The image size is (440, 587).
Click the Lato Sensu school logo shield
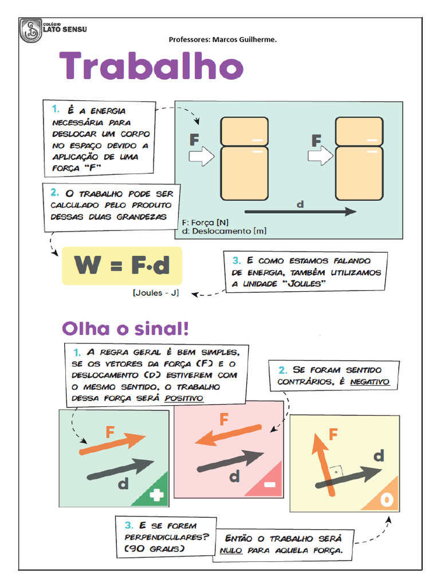point(30,30)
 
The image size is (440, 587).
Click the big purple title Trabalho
point(152,67)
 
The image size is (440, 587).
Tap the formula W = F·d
point(122,266)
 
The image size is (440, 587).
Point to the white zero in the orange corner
point(387,500)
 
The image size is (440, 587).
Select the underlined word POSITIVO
point(184,398)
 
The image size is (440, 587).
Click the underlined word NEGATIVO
point(370,382)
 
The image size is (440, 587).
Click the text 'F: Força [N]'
point(205,222)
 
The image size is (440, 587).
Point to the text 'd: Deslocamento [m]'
point(224,231)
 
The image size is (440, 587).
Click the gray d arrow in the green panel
point(120,468)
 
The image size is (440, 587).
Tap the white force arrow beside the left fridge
point(201,156)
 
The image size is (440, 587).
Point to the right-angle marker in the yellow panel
point(338,472)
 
